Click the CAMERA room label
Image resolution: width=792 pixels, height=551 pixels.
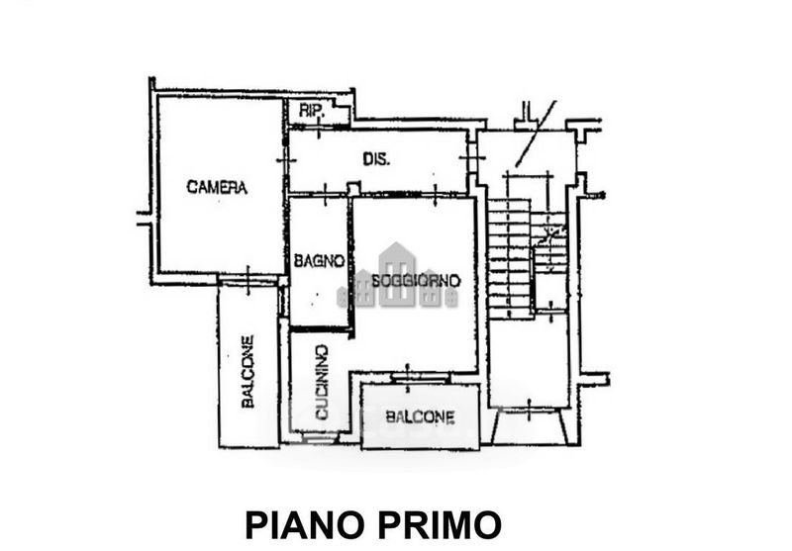217,187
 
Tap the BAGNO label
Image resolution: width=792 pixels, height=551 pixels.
318,261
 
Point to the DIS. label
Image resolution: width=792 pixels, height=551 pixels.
375,159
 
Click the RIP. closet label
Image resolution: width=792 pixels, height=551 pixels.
309,112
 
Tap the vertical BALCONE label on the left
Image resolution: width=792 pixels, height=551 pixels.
247,371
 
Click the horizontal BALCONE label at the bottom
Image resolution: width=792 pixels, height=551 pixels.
421,416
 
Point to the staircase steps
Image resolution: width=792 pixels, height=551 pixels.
509,257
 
